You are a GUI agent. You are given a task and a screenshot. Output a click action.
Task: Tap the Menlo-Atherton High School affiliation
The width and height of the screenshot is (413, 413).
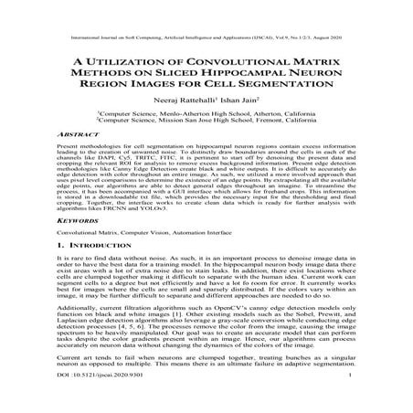pos(206,111)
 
